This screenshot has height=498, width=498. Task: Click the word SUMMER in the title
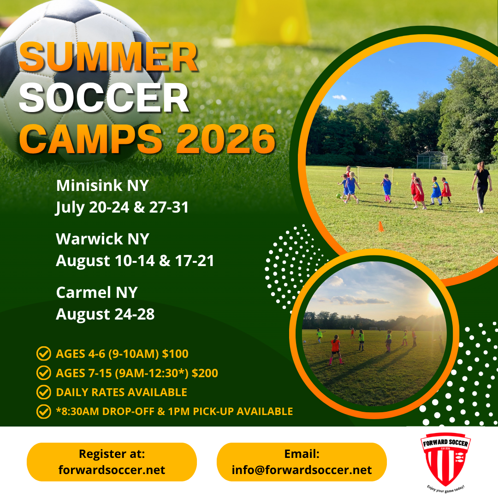pyautogui.click(x=109, y=57)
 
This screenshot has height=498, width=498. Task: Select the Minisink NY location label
pyautogui.click(x=102, y=185)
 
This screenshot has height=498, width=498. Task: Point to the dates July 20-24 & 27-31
pyautogui.click(x=122, y=207)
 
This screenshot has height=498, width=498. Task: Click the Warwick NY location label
pyautogui.click(x=102, y=239)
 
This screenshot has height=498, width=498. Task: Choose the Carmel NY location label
pyautogui.click(x=96, y=292)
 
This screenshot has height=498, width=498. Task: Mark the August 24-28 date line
pyautogui.click(x=105, y=314)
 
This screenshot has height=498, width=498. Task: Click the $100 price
pyautogui.click(x=175, y=354)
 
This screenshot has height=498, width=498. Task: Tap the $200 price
pyautogui.click(x=205, y=373)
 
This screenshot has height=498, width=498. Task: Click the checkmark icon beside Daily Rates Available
pyautogui.click(x=44, y=392)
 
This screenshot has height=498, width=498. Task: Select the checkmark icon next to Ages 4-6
pyautogui.click(x=44, y=354)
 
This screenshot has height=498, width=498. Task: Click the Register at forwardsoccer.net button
pyautogui.click(x=112, y=462)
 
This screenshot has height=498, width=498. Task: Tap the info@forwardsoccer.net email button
pyautogui.click(x=302, y=462)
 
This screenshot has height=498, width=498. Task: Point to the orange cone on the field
pyautogui.click(x=380, y=226)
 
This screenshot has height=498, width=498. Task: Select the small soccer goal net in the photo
pyautogui.click(x=375, y=175)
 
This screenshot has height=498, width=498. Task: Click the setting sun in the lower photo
pyautogui.click(x=435, y=298)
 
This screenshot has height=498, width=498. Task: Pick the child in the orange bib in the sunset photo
pyautogui.click(x=336, y=350)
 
